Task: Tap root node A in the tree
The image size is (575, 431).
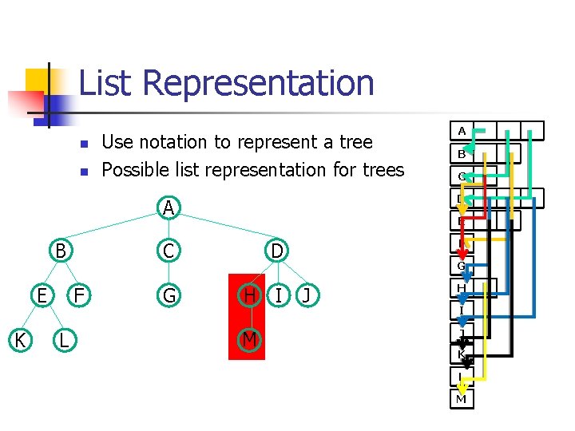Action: pos(168,208)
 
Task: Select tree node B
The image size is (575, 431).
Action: pos(59,251)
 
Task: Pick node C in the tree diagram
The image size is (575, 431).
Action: pos(168,251)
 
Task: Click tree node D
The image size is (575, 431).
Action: pos(276,251)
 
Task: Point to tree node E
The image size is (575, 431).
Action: pos(42,296)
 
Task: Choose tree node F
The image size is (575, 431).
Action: pos(79,296)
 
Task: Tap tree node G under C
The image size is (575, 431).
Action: pos(168,296)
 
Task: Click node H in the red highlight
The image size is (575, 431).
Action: pos(250,296)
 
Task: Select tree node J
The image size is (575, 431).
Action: pos(307,296)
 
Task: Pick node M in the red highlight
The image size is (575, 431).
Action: pos(250,341)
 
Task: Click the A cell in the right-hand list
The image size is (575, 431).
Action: pos(462,130)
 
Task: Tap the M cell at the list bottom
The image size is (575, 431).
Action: pos(461,398)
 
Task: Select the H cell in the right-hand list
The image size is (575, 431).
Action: pos(461,288)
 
